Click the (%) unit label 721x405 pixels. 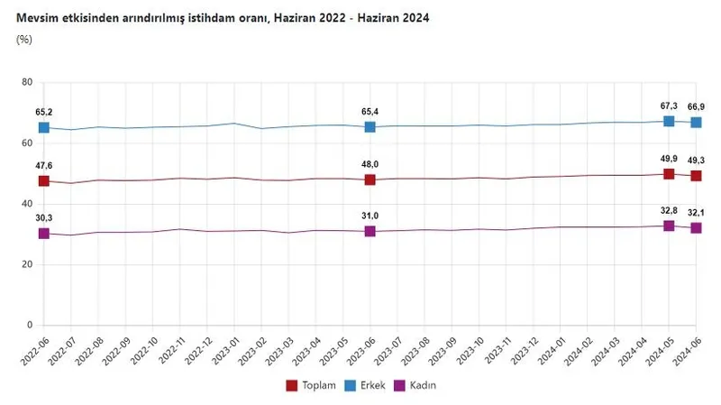pos(24,41)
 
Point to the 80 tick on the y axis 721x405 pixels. pos(27,83)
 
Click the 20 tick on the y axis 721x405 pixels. pos(27,264)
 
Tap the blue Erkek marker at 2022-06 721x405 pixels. pos(43,128)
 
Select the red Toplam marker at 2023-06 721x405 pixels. pos(370,179)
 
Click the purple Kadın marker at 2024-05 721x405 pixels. pos(669,226)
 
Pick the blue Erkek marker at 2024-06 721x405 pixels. pos(696,123)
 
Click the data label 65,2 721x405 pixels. pos(43,111)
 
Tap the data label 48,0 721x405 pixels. pos(370,163)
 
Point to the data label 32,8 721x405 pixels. pos(669,209)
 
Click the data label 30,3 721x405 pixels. pos(43,216)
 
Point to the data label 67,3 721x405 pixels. pos(669,105)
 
